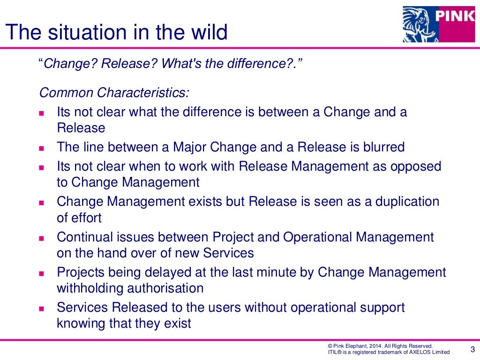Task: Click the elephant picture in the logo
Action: coord(417,24)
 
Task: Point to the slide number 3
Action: coord(472,348)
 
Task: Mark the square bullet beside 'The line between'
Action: coord(41,148)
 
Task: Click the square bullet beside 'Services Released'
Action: coord(41,308)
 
